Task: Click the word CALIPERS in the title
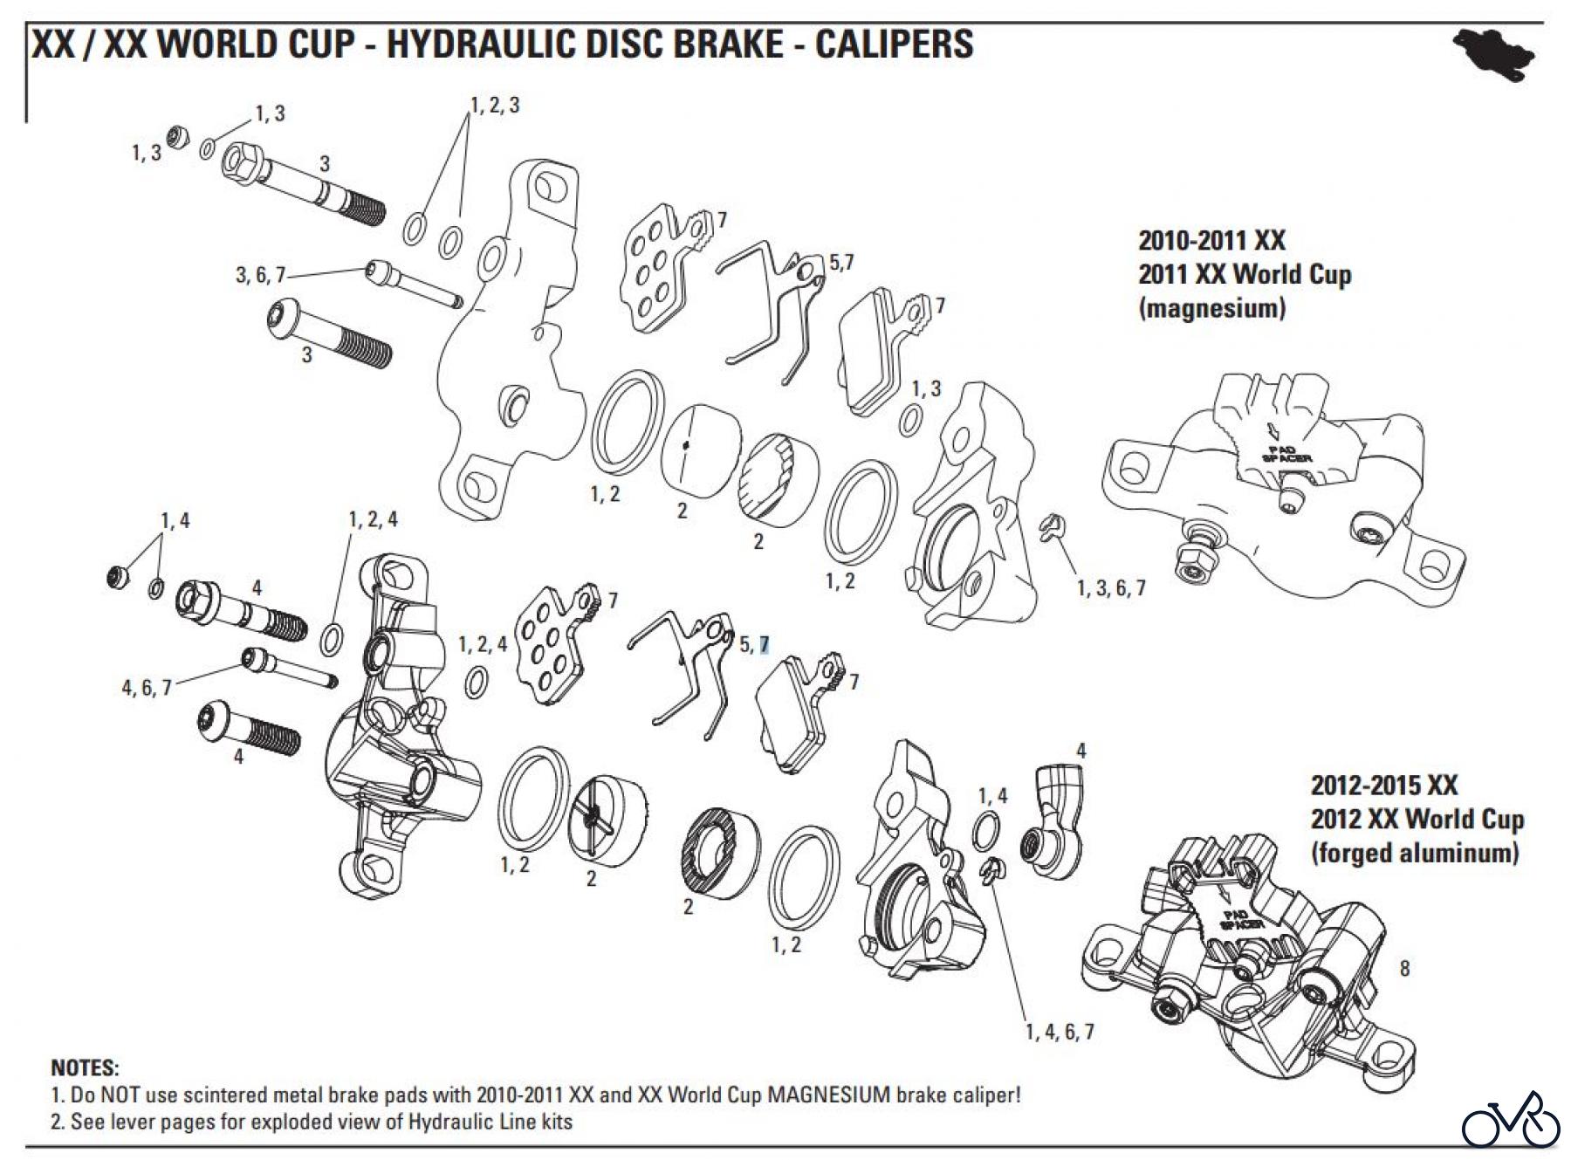(894, 44)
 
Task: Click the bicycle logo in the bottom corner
(1511, 1120)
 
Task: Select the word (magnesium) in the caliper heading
(1211, 308)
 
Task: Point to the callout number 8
(1404, 968)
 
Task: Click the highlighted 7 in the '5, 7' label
(765, 644)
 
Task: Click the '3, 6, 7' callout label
(260, 275)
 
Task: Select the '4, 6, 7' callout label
(146, 688)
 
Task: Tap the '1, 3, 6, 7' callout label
(1111, 588)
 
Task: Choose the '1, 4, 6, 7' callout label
(1060, 1032)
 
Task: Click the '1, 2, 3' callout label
(495, 106)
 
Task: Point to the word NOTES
(85, 1068)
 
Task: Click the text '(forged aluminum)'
(1414, 853)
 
